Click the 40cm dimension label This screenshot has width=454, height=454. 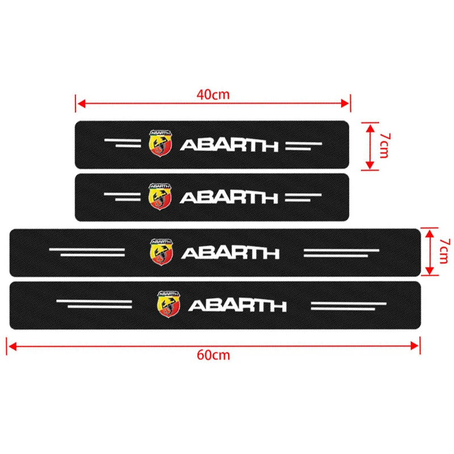click(213, 94)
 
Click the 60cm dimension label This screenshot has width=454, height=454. click(213, 355)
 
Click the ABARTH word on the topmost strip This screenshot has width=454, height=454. click(229, 145)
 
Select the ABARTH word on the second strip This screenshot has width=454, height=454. click(229, 197)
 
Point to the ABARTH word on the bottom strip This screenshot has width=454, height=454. click(237, 305)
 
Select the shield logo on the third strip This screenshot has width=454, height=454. click(158, 250)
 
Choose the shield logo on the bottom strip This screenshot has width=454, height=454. click(165, 304)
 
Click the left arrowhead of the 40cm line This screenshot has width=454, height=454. click(79, 103)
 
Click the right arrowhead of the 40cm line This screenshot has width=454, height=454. click(347, 103)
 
